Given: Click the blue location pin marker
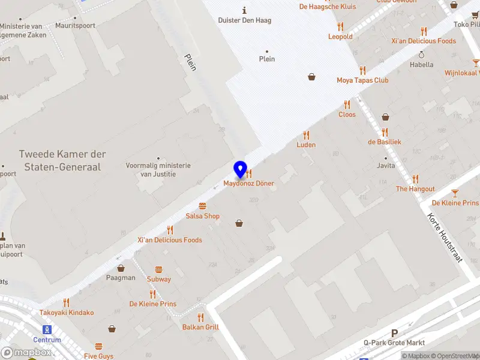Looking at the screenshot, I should click(240, 170).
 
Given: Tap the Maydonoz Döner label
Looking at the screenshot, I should click(248, 183).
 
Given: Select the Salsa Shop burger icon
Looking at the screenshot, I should click(203, 205).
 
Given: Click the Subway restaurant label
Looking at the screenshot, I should click(159, 279).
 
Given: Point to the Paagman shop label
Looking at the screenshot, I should click(121, 278).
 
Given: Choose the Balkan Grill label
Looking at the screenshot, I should click(200, 327).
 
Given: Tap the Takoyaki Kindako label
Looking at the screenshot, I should click(67, 313).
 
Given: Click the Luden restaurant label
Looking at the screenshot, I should click(306, 145).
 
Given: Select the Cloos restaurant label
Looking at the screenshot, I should click(347, 115).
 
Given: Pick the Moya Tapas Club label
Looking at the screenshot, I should click(362, 80).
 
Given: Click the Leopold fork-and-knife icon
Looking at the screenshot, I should click(340, 26).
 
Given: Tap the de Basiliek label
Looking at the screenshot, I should click(385, 142).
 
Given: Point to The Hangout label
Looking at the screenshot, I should click(415, 189).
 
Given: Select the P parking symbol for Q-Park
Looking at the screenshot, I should click(394, 333).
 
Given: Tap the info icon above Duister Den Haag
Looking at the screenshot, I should click(244, 10).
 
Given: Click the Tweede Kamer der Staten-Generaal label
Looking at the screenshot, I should click(60, 161).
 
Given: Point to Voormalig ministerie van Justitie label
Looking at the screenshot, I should click(158, 170).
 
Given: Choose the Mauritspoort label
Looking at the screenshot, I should click(76, 26).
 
